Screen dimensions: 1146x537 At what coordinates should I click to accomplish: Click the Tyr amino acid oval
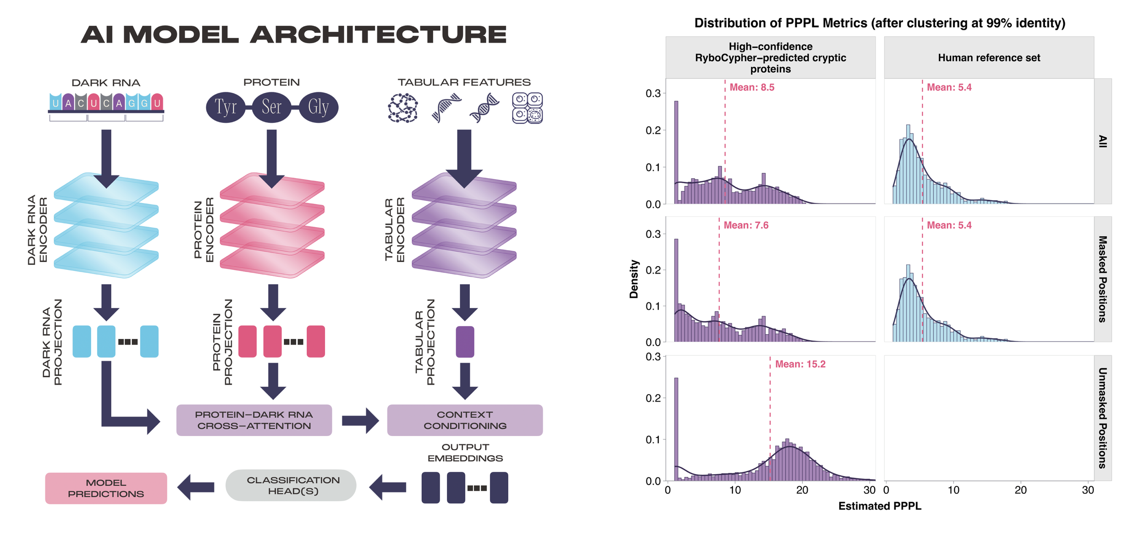[x=226, y=107]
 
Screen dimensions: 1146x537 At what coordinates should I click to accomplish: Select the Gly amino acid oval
[x=319, y=107]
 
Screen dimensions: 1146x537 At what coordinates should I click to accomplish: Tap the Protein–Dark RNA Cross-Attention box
[x=254, y=420]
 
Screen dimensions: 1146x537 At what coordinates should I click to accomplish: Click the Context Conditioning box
[x=465, y=420]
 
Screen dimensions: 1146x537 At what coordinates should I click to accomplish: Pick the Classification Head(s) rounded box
[x=291, y=485]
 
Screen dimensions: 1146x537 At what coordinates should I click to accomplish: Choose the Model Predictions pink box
[x=106, y=488]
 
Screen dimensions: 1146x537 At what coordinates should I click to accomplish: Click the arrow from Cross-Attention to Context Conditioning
[x=360, y=420]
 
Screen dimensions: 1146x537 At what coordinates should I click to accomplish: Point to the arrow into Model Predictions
[x=196, y=487]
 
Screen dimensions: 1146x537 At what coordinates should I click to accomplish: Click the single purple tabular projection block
[x=465, y=341]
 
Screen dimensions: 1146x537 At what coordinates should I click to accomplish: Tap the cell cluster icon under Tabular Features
[x=527, y=108]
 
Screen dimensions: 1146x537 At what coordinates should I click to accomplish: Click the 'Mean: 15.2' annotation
[x=800, y=364]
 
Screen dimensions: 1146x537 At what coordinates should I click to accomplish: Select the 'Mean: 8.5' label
[x=752, y=88]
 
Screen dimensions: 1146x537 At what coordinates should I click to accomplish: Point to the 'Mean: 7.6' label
[x=746, y=225]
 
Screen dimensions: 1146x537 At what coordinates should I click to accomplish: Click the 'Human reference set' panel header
[x=989, y=58]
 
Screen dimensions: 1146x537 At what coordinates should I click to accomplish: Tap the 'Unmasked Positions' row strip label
[x=1103, y=418]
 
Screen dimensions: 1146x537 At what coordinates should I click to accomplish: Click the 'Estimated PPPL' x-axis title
[x=880, y=506]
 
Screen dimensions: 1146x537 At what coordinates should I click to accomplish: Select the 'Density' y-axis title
[x=634, y=279]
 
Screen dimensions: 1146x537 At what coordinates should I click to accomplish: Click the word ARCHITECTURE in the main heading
[x=378, y=35]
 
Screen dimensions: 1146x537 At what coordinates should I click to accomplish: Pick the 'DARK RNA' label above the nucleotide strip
[x=106, y=83]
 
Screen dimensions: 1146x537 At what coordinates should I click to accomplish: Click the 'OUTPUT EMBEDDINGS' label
[x=465, y=453]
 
